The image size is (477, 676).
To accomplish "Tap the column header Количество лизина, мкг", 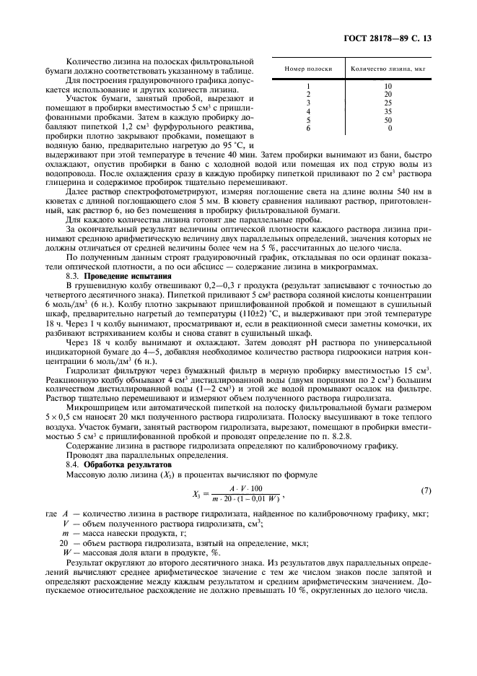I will [388, 69].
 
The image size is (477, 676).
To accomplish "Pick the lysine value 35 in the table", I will [388, 111].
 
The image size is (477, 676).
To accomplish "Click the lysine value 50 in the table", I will [388, 120].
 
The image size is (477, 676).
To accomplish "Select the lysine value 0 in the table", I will [390, 128].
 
